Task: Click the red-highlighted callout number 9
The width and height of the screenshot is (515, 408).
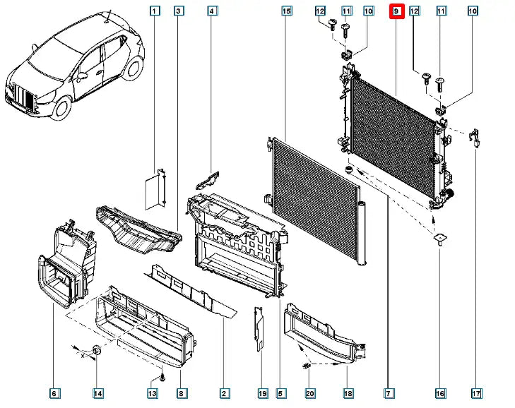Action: point(396,11)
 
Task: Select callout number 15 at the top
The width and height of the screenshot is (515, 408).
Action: point(286,11)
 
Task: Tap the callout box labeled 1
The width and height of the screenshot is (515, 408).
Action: point(155,11)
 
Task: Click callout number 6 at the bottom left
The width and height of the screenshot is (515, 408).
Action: point(54,392)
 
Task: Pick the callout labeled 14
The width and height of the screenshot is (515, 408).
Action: point(98,392)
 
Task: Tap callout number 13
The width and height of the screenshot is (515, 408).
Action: point(152,392)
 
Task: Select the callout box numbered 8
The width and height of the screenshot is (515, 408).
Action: point(181,392)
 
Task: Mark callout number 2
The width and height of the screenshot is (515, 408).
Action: point(224,392)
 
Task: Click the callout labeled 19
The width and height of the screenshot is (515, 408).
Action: point(261,392)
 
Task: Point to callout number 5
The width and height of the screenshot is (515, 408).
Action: point(280,392)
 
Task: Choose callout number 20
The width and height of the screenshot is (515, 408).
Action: point(309,392)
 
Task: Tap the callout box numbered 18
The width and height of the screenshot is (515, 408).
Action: point(348,392)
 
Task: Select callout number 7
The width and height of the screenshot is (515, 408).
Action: point(389,392)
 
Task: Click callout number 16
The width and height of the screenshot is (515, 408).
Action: point(440,392)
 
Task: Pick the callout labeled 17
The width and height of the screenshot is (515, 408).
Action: point(476,392)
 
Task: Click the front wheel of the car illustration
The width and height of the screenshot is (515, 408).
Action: point(61,107)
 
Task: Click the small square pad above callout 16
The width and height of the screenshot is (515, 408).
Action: point(439,239)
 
